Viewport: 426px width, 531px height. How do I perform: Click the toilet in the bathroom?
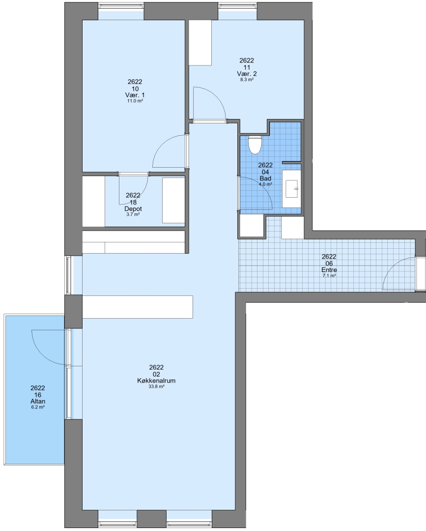click(x=255, y=145)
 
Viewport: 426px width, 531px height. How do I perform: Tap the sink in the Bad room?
click(x=292, y=189)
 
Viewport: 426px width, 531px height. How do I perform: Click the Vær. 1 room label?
click(x=135, y=95)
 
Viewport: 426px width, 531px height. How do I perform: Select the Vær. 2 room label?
click(x=247, y=74)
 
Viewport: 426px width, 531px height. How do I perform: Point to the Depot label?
click(x=133, y=209)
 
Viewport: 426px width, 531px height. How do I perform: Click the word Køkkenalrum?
click(x=156, y=381)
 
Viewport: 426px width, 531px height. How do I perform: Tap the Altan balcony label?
click(x=37, y=402)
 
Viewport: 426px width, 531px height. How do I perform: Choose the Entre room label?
click(x=329, y=270)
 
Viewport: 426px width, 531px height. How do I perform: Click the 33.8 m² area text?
click(x=156, y=386)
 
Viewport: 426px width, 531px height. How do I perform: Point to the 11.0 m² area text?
click(x=135, y=101)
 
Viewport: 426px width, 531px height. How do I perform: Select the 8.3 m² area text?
click(x=247, y=80)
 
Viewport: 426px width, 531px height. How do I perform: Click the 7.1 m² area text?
click(x=329, y=276)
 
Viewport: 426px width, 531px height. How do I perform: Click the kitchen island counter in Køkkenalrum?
click(x=138, y=307)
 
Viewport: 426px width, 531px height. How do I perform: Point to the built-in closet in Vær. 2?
click(x=200, y=43)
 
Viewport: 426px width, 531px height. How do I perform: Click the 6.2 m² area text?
click(x=37, y=408)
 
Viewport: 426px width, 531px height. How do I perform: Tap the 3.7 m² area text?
click(x=133, y=214)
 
